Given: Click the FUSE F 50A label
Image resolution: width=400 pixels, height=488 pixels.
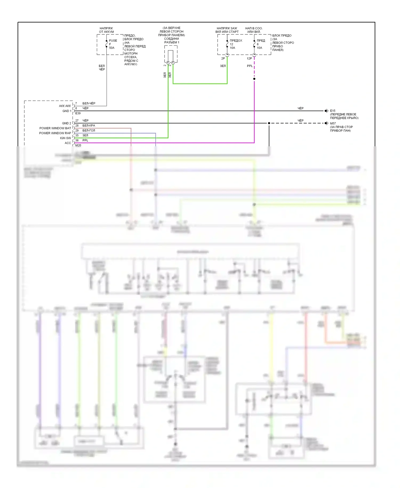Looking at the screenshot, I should (113, 44).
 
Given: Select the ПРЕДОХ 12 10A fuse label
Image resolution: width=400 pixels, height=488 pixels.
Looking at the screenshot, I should (235, 44).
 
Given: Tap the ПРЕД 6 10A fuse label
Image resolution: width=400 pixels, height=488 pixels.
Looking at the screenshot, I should (261, 44).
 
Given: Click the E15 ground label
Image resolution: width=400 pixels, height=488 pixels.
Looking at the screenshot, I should (333, 111).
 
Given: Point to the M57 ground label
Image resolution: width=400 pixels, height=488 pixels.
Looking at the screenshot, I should (333, 123).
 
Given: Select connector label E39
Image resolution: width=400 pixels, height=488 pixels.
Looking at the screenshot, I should (78, 113).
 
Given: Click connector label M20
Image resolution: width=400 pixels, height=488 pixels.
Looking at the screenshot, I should (78, 145).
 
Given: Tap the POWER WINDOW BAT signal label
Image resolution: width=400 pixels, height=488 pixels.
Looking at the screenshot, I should (55, 128).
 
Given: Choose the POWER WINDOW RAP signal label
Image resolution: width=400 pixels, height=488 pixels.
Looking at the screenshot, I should (55, 133).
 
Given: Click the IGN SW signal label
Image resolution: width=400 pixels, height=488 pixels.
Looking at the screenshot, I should (65, 138).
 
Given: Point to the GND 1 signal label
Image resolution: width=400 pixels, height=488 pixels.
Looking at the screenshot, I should (67, 111).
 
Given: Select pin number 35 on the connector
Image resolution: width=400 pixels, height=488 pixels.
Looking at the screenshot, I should (77, 135).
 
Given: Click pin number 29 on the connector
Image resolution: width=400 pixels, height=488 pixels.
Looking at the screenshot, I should (77, 130).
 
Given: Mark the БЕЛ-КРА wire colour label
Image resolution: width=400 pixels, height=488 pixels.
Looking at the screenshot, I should (89, 125).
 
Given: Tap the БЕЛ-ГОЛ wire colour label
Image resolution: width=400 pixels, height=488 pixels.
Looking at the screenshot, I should (89, 130).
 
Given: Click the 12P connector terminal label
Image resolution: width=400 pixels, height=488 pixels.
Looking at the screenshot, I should (249, 58).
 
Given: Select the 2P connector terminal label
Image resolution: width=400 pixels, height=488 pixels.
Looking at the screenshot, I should (223, 58).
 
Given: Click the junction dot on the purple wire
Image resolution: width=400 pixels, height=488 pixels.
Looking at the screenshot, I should (254, 79).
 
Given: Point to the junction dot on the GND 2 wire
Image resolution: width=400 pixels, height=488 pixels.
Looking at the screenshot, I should (269, 123).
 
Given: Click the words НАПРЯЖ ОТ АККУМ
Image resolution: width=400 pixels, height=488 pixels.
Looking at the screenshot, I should (106, 30).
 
